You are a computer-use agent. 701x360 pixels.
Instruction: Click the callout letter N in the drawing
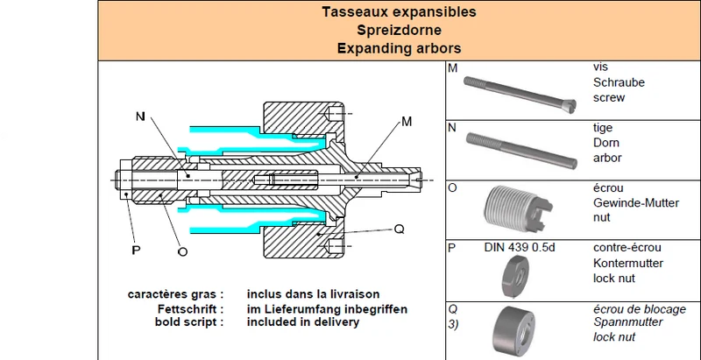(x=141, y=116)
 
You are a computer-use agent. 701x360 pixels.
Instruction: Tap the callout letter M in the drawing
(x=407, y=121)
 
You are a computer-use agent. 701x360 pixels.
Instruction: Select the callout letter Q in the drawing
(x=400, y=229)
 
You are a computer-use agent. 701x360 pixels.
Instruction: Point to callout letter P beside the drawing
(x=136, y=251)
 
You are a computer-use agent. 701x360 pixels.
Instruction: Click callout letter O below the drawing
(x=182, y=251)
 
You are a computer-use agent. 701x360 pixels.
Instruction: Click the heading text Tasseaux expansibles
(x=399, y=12)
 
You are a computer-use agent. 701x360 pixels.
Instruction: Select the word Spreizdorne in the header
(x=399, y=30)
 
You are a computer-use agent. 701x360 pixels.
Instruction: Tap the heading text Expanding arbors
(x=399, y=48)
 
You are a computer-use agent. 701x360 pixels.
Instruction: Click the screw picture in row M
(x=520, y=93)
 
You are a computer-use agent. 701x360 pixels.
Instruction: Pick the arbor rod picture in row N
(x=521, y=151)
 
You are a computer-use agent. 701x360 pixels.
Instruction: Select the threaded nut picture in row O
(x=518, y=208)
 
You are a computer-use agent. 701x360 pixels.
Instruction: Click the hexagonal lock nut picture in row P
(x=515, y=277)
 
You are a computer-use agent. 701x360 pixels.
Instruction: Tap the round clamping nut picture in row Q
(x=514, y=330)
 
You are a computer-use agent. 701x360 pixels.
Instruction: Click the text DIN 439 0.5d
(x=520, y=247)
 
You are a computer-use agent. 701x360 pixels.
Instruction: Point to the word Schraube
(x=619, y=82)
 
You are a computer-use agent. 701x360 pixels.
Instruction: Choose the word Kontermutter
(x=628, y=263)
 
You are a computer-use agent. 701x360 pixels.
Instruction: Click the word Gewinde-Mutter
(x=636, y=203)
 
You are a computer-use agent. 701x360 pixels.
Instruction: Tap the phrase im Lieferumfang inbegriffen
(x=327, y=308)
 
